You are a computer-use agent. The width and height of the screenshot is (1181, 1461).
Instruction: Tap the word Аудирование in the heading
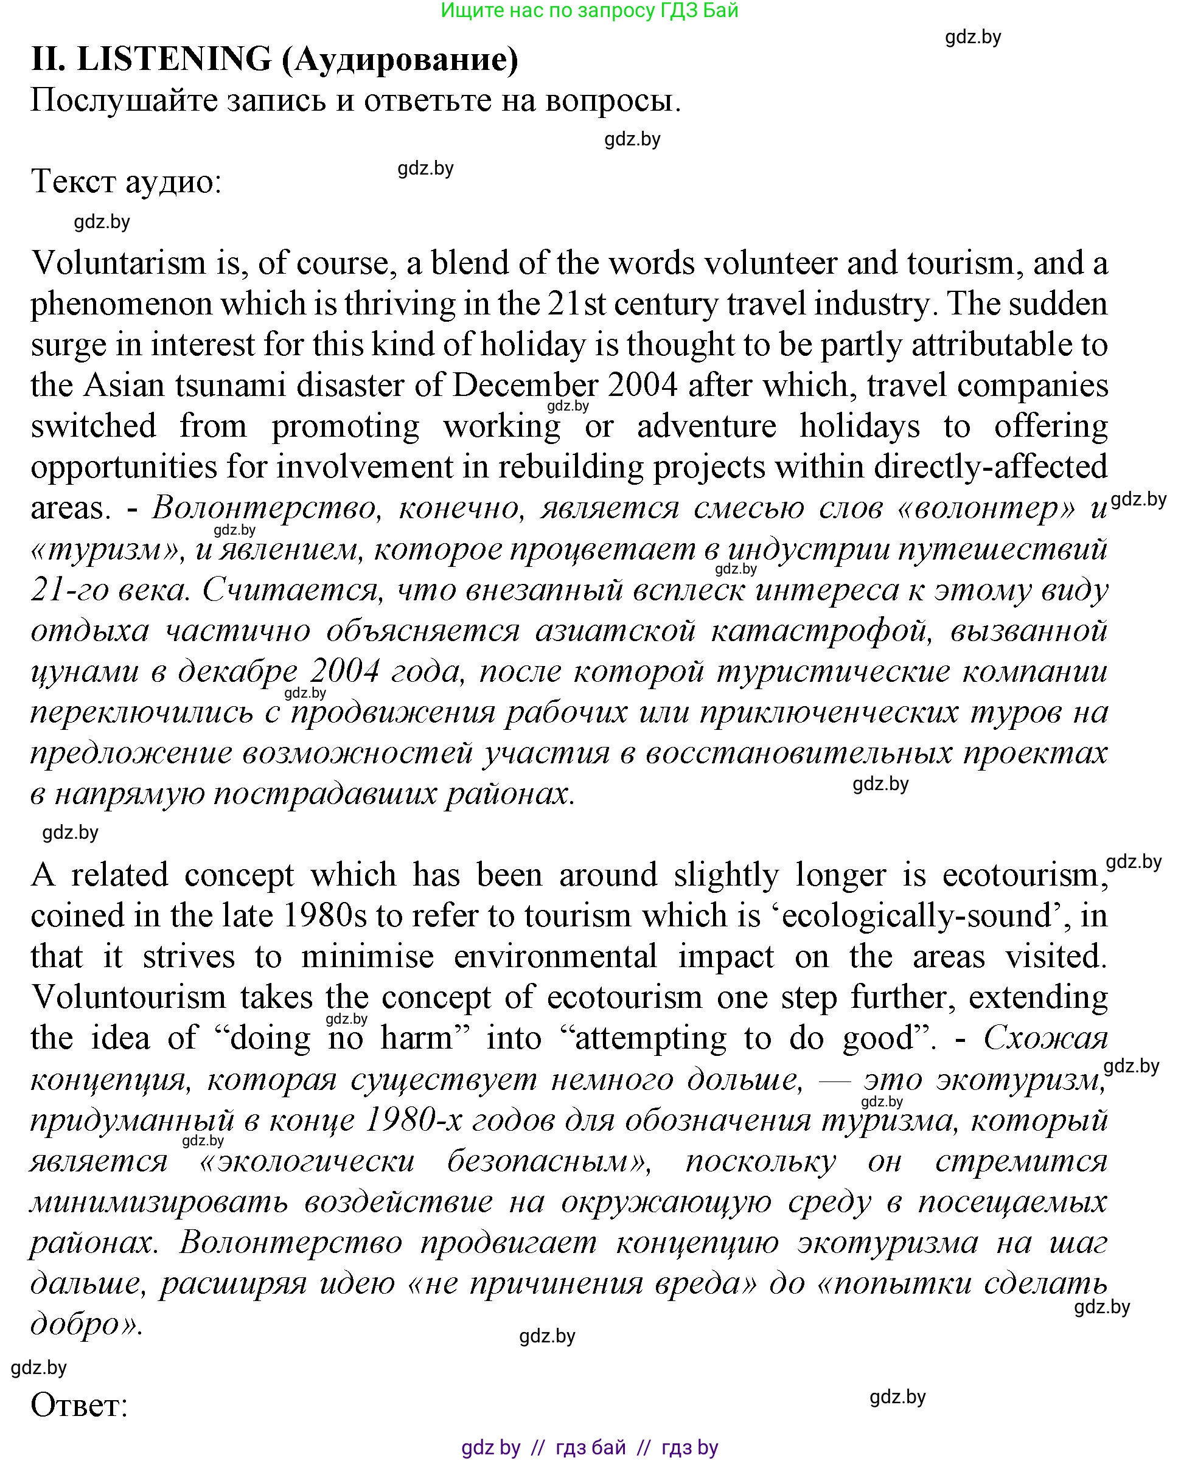[x=400, y=60]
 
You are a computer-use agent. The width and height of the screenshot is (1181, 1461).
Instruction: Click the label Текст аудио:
[x=127, y=182]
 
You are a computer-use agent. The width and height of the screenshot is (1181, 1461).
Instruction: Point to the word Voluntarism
[x=119, y=263]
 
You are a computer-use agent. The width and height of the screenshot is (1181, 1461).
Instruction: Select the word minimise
[x=368, y=957]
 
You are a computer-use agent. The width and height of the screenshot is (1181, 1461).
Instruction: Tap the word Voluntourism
[x=128, y=998]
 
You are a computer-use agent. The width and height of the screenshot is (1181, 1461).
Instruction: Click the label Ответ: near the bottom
[x=80, y=1405]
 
